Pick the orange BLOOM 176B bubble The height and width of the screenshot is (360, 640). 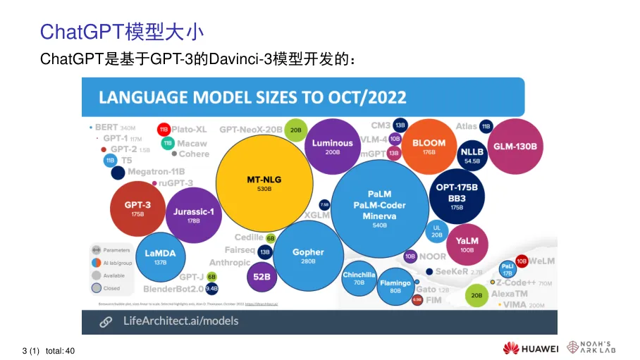tap(429, 147)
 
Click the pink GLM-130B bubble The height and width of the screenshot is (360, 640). tap(515, 147)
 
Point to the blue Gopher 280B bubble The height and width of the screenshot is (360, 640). tap(308, 256)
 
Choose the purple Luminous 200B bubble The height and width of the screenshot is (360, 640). tap(332, 147)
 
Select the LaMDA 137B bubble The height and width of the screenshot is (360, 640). tap(160, 256)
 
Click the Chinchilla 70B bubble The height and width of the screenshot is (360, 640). tap(359, 279)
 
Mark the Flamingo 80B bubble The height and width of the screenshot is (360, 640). tap(395, 286)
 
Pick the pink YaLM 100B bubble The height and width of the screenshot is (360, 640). tap(467, 244)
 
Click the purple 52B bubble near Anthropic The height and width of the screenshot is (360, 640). tap(262, 277)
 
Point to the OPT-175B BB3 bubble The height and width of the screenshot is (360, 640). tap(457, 194)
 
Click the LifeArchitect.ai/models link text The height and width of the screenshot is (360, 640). tap(180, 321)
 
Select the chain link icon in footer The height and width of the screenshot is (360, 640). tap(105, 322)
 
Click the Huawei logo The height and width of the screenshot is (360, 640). tap(530, 348)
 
